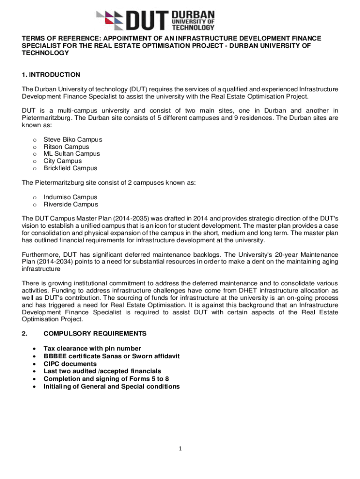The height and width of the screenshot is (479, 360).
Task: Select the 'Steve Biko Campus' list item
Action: point(72,139)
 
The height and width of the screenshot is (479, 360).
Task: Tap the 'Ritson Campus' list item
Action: point(66,147)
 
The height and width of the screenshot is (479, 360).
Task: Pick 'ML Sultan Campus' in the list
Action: point(72,154)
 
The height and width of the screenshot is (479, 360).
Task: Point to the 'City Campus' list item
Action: point(63,161)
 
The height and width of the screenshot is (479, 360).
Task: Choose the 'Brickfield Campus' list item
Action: point(70,168)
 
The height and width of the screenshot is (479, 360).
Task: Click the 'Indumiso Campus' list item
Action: point(70,197)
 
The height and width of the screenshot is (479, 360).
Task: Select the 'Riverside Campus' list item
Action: point(71,204)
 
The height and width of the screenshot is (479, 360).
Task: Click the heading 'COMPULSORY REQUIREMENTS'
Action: point(95,334)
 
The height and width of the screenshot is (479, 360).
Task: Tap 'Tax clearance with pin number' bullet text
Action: point(92,348)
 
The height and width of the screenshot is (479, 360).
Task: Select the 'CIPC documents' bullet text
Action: point(70,364)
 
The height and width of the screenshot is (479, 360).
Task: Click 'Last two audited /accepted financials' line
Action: point(102,371)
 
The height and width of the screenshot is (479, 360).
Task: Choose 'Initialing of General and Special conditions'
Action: point(111,386)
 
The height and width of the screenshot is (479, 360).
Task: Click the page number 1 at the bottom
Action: point(180,449)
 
